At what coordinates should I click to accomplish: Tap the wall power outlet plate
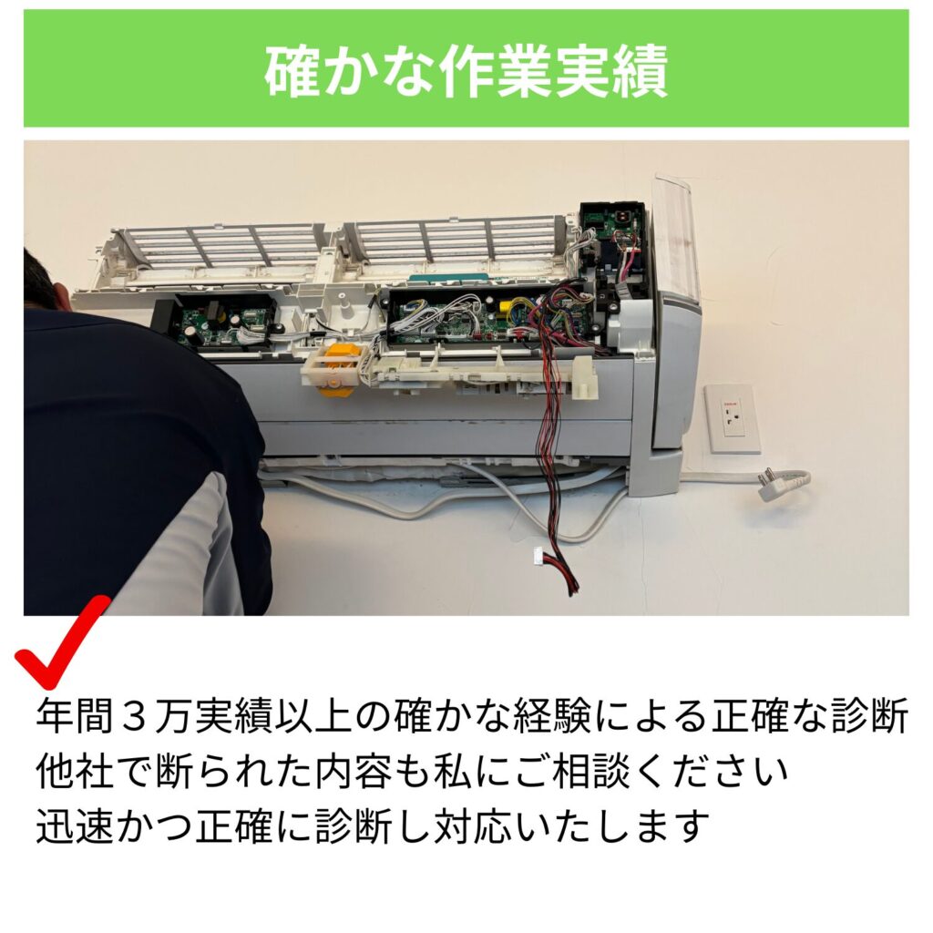tap(732, 418)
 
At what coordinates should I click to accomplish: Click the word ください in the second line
tap(711, 771)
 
